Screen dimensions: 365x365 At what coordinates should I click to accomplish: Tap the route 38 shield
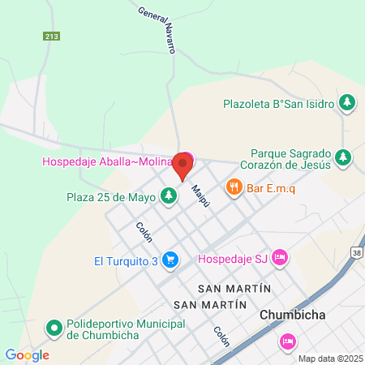(358, 253)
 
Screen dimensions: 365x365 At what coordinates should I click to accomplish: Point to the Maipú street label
(200, 195)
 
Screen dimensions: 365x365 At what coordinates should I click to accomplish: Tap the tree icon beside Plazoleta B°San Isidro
(347, 102)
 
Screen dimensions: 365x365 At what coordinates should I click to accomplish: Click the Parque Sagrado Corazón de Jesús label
(290, 158)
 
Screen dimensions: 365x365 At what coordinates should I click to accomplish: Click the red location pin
(183, 168)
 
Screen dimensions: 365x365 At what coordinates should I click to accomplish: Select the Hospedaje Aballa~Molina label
(108, 161)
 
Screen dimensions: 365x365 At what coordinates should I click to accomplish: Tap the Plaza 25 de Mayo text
(112, 195)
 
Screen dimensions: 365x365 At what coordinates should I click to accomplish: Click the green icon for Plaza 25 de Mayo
(169, 195)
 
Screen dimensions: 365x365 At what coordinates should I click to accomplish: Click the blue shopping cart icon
(170, 260)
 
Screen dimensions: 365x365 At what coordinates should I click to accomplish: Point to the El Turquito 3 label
(126, 260)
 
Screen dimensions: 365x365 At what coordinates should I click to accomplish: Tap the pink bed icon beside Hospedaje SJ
(280, 258)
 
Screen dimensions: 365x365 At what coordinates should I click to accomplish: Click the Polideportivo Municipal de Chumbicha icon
(54, 328)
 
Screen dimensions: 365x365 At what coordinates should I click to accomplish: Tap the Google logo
(27, 354)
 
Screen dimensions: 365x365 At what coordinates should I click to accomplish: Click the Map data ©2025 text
(329, 359)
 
